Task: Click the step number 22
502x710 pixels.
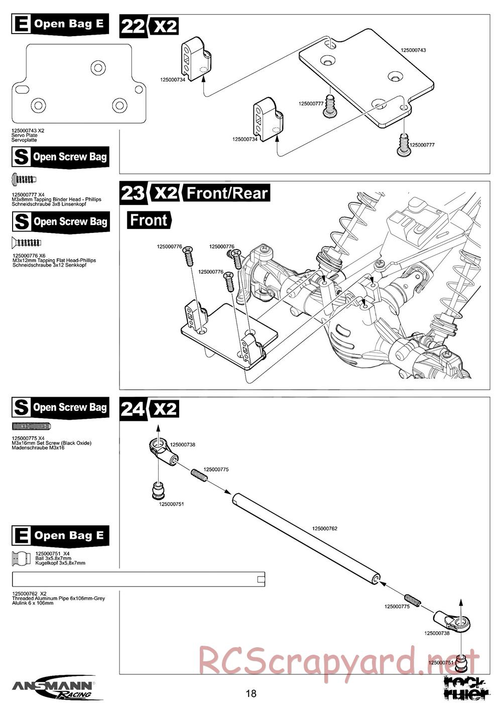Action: [x=133, y=26]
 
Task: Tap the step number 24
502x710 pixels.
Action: [x=133, y=409]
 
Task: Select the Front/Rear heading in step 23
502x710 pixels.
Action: [x=227, y=193]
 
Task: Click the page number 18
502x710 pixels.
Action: [x=251, y=693]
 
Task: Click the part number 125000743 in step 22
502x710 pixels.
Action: [x=413, y=50]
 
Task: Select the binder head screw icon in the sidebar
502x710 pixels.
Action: [x=24, y=178]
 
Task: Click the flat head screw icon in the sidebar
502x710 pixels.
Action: [x=26, y=243]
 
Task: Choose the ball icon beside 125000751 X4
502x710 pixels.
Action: [x=21, y=559]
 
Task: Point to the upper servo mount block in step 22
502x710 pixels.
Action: [x=196, y=56]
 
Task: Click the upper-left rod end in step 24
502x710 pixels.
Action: [x=163, y=449]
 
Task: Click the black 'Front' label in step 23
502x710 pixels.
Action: [x=149, y=220]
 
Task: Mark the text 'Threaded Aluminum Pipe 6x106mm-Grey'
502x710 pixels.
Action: [x=58, y=599]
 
